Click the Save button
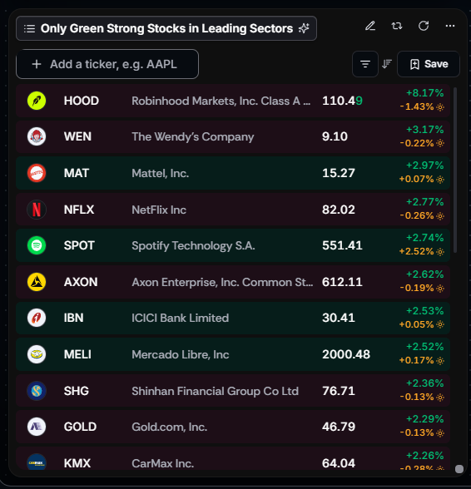click(429, 64)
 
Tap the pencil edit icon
click(370, 26)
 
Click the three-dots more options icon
click(449, 26)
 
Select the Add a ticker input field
click(107, 64)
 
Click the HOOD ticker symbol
click(82, 101)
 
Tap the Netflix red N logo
click(37, 210)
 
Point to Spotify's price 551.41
click(342, 245)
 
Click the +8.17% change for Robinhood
click(424, 93)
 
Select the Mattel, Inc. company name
click(160, 173)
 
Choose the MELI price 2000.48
click(346, 354)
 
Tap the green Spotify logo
click(37, 245)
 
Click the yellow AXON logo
click(37, 282)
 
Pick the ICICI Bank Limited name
click(180, 318)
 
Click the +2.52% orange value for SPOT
click(416, 251)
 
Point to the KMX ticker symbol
click(77, 463)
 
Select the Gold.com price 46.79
click(339, 427)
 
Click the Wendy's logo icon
click(37, 136)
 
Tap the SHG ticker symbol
click(77, 391)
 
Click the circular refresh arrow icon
click(424, 26)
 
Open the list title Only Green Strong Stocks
click(166, 28)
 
